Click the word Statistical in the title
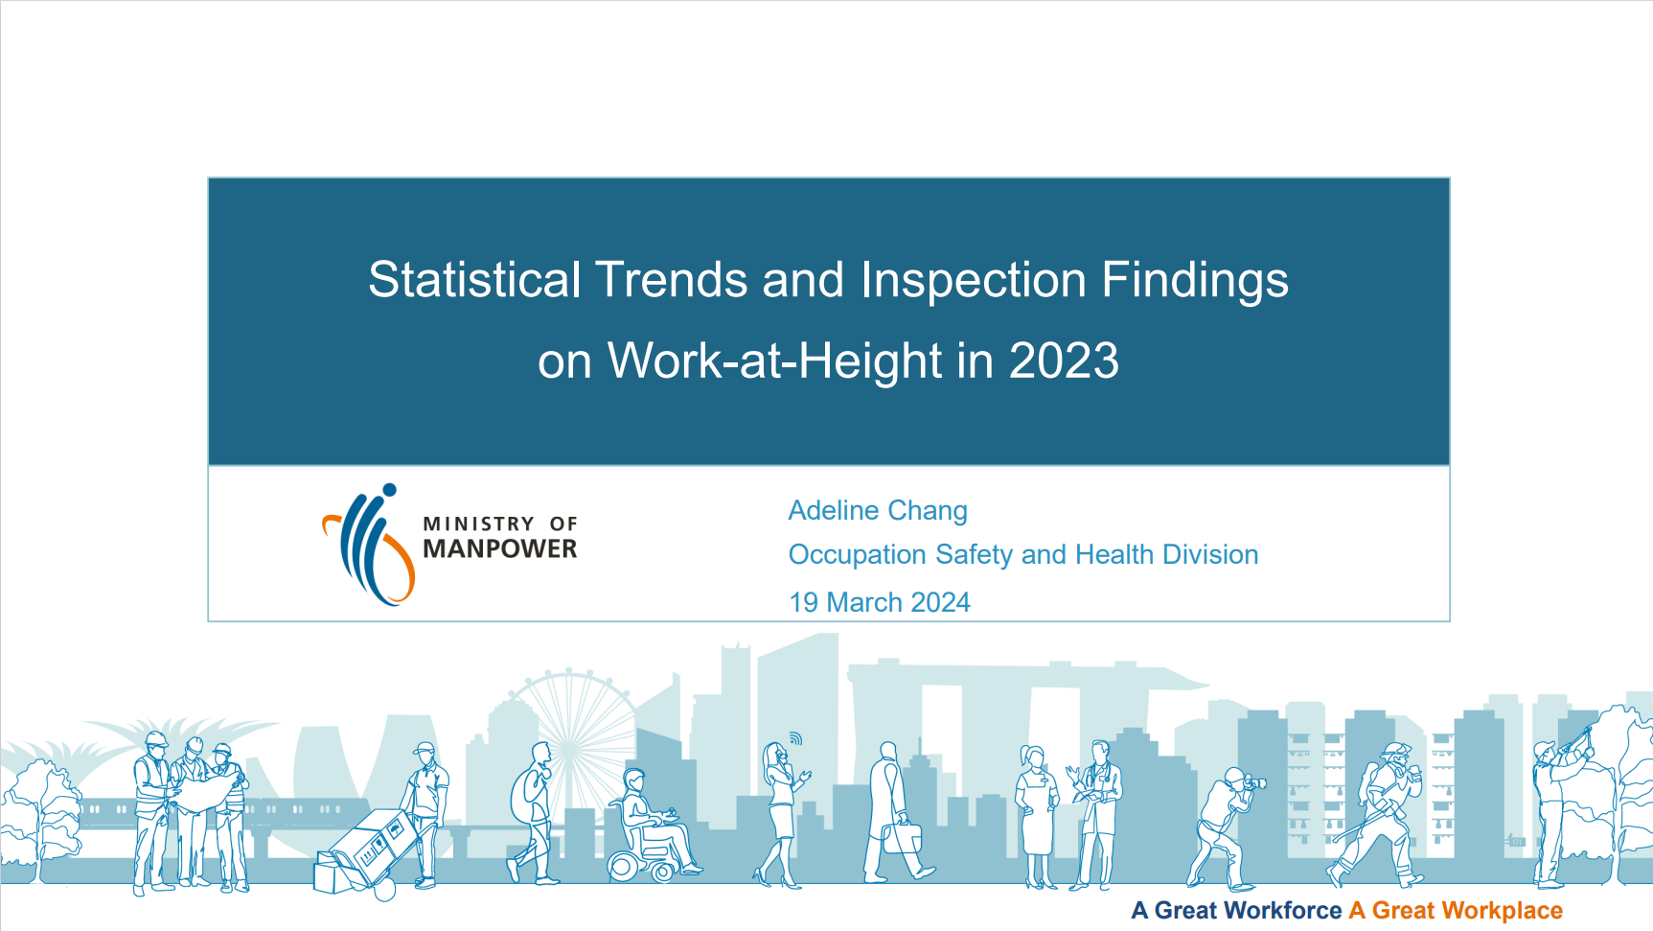click(474, 280)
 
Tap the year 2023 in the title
click(1064, 361)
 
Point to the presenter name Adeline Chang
click(878, 510)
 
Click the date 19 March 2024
click(880, 602)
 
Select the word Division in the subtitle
click(1210, 554)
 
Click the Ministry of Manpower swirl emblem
click(369, 545)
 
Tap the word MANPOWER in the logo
click(500, 548)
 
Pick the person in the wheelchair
click(653, 826)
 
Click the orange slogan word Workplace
click(1467, 911)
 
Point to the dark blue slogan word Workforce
click(1248, 911)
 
